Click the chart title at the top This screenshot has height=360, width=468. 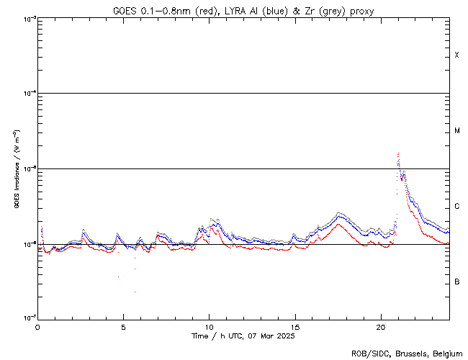[243, 10]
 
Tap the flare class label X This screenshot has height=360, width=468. [457, 55]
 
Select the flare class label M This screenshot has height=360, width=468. [457, 131]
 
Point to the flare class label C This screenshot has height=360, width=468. [457, 207]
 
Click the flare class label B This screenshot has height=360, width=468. [457, 282]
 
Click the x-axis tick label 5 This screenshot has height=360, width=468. [123, 327]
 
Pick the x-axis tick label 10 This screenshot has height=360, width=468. [209, 327]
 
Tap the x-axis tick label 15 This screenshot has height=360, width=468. [295, 327]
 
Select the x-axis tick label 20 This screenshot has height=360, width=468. [381, 327]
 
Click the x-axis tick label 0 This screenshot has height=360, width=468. [37, 327]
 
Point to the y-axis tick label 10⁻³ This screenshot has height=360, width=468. [27, 18]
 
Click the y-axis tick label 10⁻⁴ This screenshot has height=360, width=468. [27, 94]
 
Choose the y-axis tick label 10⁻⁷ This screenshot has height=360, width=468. [27, 318]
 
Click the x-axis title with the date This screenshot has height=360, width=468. [243, 336]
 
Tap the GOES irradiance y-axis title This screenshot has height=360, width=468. [16, 168]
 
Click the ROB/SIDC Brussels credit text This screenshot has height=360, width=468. [406, 354]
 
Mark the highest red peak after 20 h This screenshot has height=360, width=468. [398, 153]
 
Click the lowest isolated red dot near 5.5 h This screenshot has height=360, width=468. [135, 292]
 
